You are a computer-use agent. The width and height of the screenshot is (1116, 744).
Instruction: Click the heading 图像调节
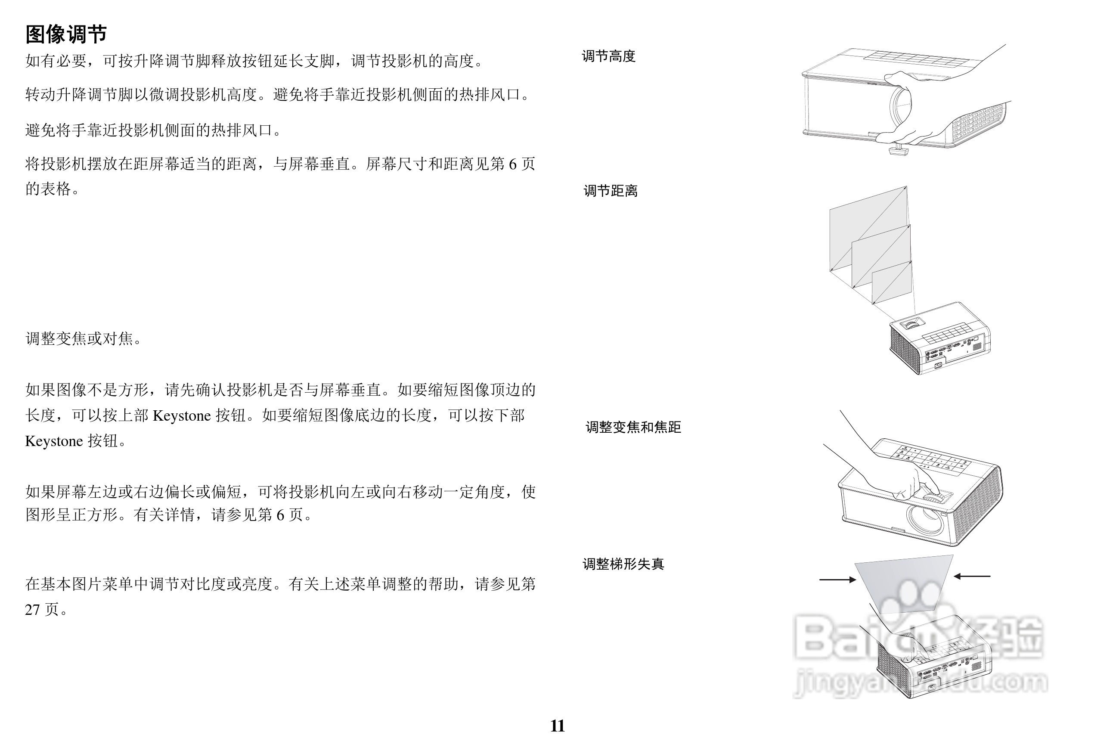[66, 34]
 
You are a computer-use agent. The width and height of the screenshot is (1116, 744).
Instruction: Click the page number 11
[558, 726]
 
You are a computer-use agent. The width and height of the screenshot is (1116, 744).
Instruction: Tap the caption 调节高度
[608, 56]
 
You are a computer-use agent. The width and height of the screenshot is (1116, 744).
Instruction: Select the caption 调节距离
[610, 191]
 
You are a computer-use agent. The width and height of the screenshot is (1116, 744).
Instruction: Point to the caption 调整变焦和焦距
[633, 427]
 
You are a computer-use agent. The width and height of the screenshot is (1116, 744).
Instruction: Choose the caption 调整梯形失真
[623, 564]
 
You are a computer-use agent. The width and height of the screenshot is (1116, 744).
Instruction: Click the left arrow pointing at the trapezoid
[838, 580]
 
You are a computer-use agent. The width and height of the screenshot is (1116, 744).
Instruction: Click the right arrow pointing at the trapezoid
[972, 576]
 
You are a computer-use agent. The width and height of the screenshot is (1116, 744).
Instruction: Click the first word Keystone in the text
[182, 415]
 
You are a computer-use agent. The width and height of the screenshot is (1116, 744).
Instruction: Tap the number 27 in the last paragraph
[32, 610]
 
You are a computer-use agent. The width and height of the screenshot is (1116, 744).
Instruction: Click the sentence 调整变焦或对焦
[83, 339]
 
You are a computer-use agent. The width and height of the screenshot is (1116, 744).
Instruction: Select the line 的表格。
[52, 189]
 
